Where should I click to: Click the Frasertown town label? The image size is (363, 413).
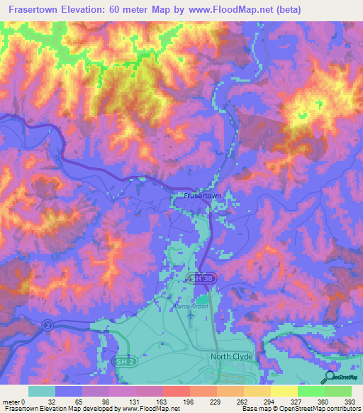point(202,194)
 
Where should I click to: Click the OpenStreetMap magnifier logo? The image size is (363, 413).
point(330,376)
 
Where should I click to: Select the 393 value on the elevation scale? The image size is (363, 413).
point(349,401)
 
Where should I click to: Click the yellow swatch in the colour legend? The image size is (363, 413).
point(284,391)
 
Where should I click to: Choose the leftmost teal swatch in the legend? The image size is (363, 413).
point(41,391)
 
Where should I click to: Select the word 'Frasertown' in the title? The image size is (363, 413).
point(31,9)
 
